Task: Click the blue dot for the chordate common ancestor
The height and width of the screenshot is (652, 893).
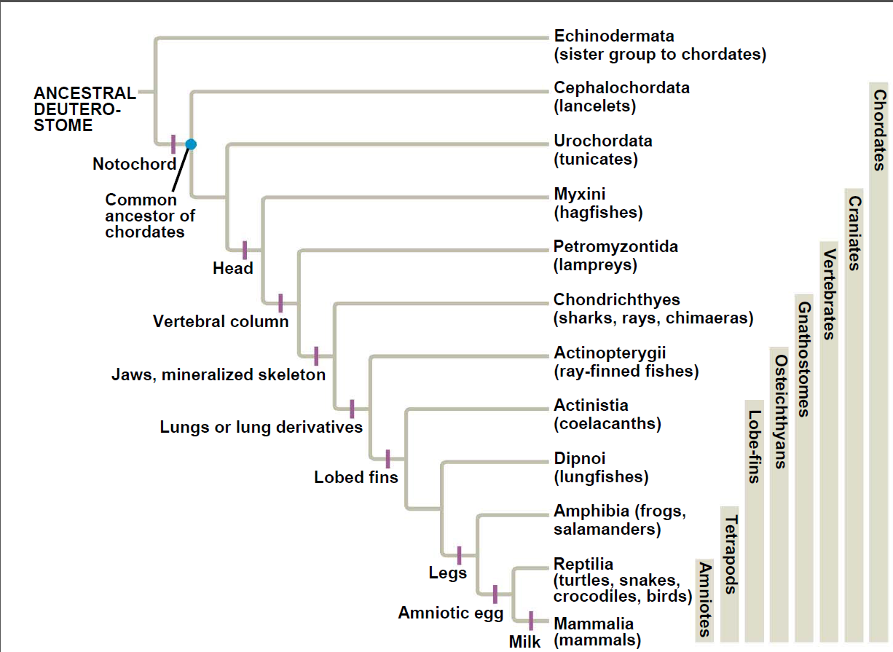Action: pos(191,144)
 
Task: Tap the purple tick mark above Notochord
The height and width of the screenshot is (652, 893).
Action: pos(173,144)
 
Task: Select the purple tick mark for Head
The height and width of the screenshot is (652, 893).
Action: pos(245,250)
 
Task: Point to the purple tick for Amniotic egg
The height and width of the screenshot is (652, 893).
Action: pos(495,594)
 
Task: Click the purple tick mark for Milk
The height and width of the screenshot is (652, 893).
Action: pos(531,621)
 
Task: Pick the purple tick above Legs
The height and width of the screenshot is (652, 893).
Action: pos(460,556)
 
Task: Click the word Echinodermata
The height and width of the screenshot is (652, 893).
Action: pos(614,36)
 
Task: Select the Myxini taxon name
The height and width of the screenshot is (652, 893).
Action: pos(580,195)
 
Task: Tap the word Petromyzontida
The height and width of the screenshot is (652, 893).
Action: pos(616,247)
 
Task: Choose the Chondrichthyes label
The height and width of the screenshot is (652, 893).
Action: pos(617,299)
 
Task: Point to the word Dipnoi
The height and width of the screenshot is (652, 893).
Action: pos(580,458)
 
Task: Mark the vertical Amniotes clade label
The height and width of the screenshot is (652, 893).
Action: pos(705,600)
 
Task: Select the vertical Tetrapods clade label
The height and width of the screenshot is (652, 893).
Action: pos(731,554)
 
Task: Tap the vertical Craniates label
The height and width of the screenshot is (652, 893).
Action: pos(854,233)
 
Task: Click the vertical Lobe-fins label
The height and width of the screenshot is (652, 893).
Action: pos(755,447)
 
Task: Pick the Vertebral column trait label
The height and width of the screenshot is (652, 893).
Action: pos(221,321)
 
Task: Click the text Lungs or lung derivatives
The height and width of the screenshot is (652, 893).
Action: pos(261,427)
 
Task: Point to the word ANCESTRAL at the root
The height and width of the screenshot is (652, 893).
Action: pos(85,93)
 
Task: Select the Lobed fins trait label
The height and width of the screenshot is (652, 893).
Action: pos(356,477)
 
